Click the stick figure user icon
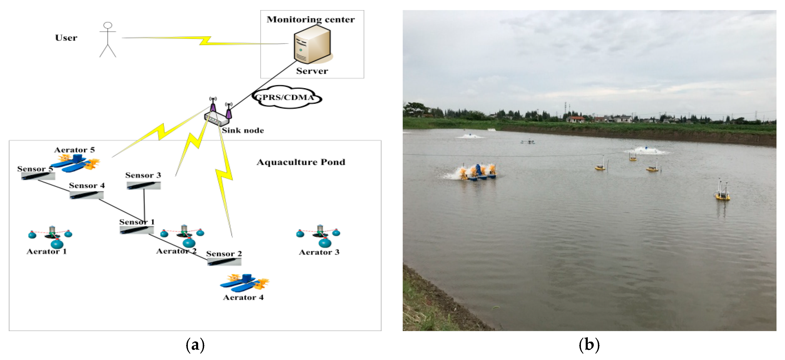pos(108,40)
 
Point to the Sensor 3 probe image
pos(143,185)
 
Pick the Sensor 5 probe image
pos(38,176)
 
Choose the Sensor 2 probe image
pos(224,262)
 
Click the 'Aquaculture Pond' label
pos(301,162)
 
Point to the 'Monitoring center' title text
pos(310,20)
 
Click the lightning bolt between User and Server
pos(205,41)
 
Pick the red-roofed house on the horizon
pos(575,119)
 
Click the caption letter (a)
pos(195,345)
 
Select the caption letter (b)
pos(589,345)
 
